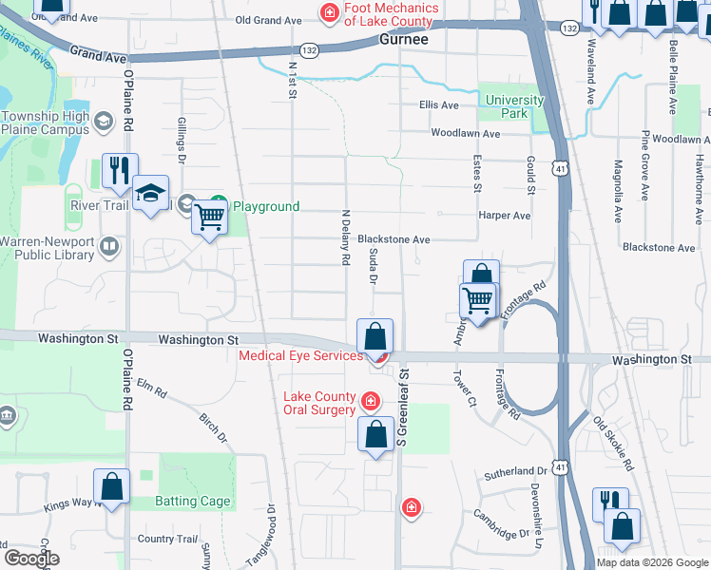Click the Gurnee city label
click(403, 41)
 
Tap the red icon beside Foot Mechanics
click(329, 13)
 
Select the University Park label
click(514, 106)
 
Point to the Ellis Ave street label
click(438, 104)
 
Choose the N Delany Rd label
click(347, 238)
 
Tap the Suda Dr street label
click(374, 265)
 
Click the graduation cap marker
click(150, 193)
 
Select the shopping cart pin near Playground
click(209, 218)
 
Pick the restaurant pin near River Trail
click(120, 170)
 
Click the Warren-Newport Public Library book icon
click(110, 248)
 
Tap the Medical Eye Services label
click(300, 356)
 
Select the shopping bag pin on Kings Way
click(112, 486)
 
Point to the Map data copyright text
click(651, 562)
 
